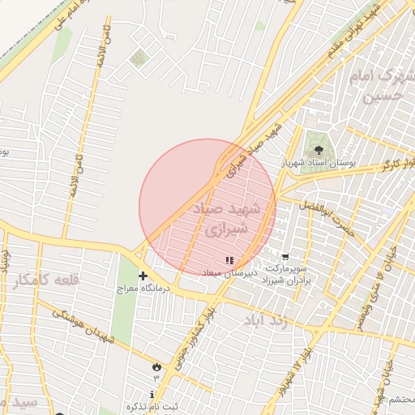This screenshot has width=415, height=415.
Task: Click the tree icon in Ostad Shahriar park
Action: [318, 149]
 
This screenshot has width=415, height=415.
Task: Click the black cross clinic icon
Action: [143, 276]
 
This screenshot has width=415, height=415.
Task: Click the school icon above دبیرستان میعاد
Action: [230, 260]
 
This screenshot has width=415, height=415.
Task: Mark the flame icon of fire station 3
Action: [155, 367]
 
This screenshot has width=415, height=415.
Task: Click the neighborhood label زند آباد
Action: [266, 320]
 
